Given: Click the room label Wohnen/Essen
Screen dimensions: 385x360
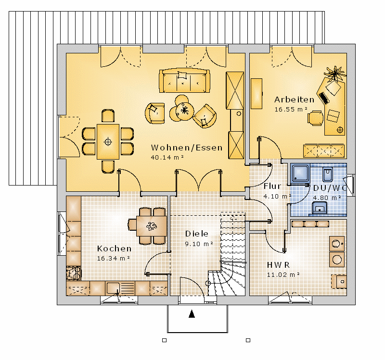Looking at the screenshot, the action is (187, 148).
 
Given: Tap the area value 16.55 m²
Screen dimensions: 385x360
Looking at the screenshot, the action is (291, 110).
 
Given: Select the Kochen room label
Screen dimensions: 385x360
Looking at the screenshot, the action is (114, 248).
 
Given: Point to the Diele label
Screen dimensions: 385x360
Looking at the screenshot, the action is (196, 234).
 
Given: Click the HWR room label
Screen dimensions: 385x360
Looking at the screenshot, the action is (278, 265).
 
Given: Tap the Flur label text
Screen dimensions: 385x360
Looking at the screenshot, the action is (272, 186).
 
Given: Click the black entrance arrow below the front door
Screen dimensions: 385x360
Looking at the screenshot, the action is (192, 314).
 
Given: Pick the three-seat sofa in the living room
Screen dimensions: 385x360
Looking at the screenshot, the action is (184, 80).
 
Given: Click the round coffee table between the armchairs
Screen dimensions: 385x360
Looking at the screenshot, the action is (184, 111).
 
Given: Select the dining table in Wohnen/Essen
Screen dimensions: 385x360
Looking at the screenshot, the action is (108, 142).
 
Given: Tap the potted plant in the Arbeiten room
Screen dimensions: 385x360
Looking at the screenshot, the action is (334, 73).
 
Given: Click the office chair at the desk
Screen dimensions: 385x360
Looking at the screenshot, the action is (315, 118).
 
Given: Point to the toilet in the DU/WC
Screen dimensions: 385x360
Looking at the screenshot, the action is (328, 174).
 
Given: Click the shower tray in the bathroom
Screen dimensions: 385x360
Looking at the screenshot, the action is (300, 173).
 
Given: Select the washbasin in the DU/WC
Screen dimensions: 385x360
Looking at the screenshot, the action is (320, 208).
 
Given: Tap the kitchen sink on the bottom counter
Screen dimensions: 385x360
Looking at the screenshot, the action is (113, 287).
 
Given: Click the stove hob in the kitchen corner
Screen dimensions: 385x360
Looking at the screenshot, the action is (74, 273).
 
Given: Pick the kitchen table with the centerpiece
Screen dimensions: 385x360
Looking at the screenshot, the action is (152, 226).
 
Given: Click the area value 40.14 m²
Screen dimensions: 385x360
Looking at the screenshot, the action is (167, 158).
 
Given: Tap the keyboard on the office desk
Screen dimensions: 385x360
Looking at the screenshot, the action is (323, 99).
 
